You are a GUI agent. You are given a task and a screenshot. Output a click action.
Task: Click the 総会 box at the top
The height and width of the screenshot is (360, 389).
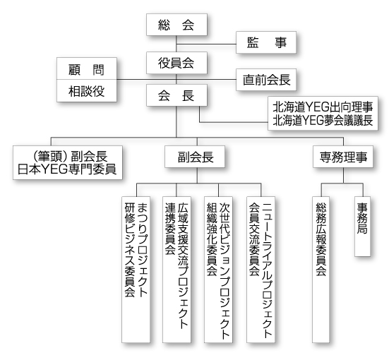(176, 25)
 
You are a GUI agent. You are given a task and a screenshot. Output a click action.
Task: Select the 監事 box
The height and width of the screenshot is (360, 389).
(266, 42)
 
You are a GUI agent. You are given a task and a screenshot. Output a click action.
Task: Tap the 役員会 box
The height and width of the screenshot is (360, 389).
(176, 63)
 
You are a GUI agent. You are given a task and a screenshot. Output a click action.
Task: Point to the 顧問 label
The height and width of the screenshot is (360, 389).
(86, 70)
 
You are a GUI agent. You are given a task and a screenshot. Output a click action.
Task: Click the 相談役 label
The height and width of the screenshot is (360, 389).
(86, 91)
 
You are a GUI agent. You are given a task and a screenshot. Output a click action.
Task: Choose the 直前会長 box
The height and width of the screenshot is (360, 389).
(266, 80)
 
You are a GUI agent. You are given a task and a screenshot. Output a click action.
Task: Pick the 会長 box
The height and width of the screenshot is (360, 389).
(176, 95)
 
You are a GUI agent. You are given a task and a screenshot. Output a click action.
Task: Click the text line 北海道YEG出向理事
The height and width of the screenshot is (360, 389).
(323, 107)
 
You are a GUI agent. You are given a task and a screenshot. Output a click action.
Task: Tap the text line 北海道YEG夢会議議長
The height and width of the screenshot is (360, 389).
(323, 120)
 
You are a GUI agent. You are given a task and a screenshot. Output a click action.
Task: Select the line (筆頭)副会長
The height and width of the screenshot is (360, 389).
(70, 156)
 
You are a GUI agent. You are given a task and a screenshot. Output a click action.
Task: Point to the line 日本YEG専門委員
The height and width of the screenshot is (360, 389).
(67, 169)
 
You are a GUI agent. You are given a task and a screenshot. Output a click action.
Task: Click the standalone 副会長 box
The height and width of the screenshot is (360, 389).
(195, 157)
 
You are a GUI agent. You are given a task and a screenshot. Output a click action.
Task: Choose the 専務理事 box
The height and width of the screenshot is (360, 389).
(343, 157)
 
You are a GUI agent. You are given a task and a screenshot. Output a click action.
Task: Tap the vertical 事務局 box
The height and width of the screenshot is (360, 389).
(362, 227)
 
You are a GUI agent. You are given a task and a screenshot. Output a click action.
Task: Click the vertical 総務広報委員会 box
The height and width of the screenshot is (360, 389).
(321, 270)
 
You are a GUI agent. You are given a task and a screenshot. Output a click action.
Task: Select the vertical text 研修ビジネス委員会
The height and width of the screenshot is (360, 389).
(130, 250)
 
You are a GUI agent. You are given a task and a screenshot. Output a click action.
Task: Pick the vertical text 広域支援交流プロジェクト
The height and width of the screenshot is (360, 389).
(183, 265)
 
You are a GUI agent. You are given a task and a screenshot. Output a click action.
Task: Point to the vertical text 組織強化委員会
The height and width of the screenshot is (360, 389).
(212, 239)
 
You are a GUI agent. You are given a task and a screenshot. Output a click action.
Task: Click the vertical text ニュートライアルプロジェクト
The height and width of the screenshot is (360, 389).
(267, 270)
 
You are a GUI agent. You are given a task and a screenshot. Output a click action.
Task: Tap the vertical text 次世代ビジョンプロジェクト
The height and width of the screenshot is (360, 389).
(225, 271)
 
